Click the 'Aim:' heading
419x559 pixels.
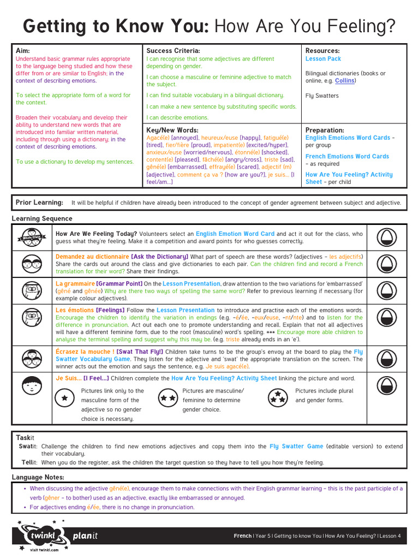(x=22, y=51)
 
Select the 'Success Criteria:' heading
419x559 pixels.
(x=169, y=51)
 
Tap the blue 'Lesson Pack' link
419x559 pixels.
(x=323, y=59)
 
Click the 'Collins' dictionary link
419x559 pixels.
(x=344, y=81)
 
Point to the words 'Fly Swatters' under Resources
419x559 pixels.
(x=322, y=96)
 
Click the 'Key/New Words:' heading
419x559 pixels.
(x=172, y=130)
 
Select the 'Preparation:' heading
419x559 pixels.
(x=325, y=130)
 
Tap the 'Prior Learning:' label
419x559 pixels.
(x=39, y=203)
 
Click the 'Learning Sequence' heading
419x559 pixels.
(x=42, y=218)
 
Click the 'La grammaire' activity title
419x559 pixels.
(x=75, y=284)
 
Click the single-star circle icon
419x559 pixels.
(x=65, y=398)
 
